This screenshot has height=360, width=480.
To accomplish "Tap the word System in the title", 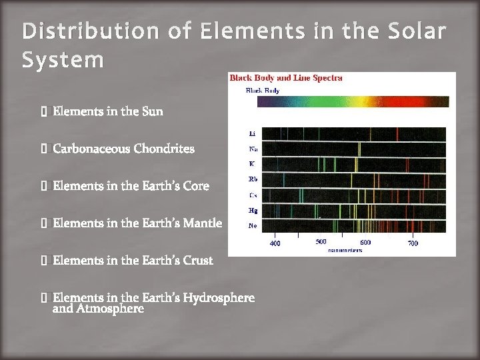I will pyautogui.click(x=63, y=61).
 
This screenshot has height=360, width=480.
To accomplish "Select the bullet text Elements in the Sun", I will pyautogui.click(x=107, y=111).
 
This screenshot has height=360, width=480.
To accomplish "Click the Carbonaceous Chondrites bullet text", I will pyautogui.click(x=123, y=149).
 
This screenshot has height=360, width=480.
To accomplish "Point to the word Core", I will pyautogui.click(x=196, y=186).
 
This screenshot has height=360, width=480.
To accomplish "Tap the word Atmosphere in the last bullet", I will pyautogui.click(x=110, y=309).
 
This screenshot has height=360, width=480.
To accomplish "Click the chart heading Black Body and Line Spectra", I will pyautogui.click(x=286, y=78).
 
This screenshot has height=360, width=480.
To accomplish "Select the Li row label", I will pyautogui.click(x=251, y=133).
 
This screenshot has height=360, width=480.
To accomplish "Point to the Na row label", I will pyautogui.click(x=252, y=149).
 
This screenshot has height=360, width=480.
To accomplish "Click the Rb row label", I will pyautogui.click(x=252, y=179).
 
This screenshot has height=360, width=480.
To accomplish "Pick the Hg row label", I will pyautogui.click(x=252, y=210).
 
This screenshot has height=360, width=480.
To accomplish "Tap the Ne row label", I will pyautogui.click(x=252, y=225).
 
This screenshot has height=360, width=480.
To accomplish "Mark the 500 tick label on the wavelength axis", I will pyautogui.click(x=321, y=242).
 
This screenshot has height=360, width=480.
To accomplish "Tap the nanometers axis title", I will pyautogui.click(x=345, y=250).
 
